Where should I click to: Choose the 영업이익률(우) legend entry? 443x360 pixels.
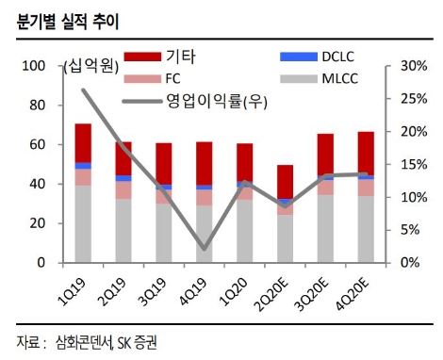tap(203, 100)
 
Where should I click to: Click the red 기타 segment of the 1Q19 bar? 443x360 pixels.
tap(83, 142)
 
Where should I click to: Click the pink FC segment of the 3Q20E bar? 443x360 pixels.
tap(324, 188)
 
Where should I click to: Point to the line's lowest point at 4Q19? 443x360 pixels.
tap(204, 250)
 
